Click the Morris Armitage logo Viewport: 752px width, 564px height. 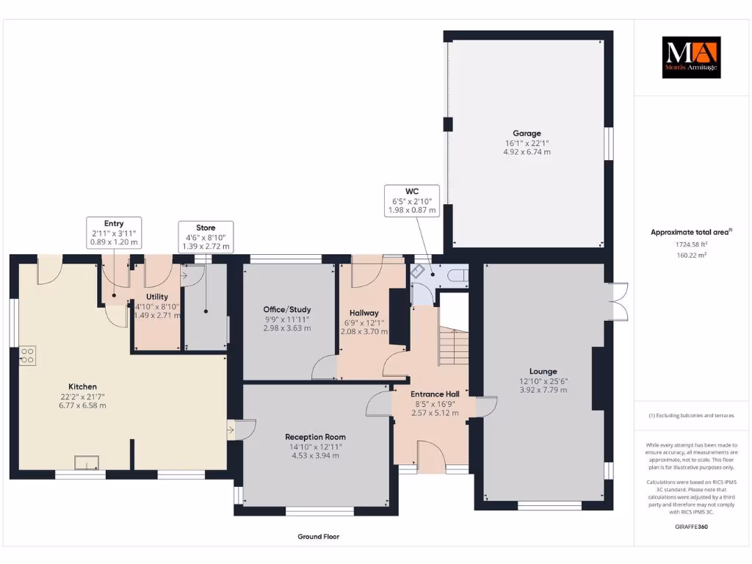(x=691, y=57)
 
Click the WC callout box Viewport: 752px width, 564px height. (x=411, y=200)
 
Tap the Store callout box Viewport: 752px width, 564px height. (x=206, y=236)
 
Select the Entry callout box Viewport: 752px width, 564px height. (x=114, y=232)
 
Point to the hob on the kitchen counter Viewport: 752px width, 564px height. (x=27, y=355)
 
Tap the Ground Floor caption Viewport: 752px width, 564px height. (x=318, y=537)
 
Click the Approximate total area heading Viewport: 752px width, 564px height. (x=690, y=232)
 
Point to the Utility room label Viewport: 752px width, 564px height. (x=157, y=296)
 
